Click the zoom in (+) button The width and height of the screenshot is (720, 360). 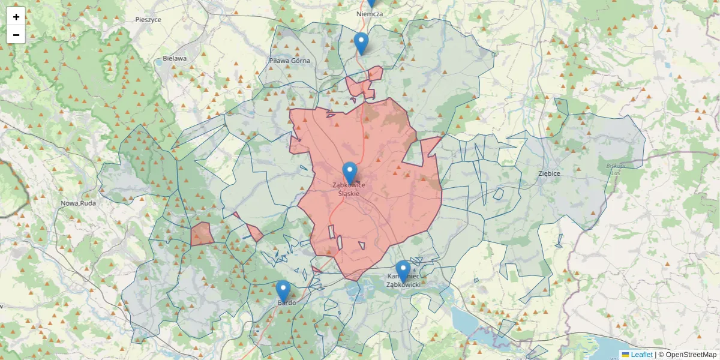tap(16, 16)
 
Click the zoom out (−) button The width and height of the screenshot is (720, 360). tap(16, 35)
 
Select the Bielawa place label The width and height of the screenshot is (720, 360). tap(175, 59)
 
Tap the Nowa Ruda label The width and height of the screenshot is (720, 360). tap(78, 203)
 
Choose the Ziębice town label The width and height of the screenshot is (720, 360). tap(549, 173)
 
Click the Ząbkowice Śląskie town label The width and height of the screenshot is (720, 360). tap(349, 189)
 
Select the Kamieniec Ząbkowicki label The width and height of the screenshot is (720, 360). tap(403, 280)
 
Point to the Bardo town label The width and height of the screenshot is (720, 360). tap(286, 303)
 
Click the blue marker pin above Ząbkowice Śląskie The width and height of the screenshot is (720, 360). tap(350, 173)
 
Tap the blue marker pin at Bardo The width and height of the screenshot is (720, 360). tap(283, 291)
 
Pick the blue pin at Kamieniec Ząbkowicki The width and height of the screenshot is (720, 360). tap(403, 271)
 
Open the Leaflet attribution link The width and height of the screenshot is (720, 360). tap(641, 355)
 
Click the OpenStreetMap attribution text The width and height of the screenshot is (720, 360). tap(690, 355)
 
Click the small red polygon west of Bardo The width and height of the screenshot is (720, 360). tap(202, 234)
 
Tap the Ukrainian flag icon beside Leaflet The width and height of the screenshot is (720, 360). tap(625, 355)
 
